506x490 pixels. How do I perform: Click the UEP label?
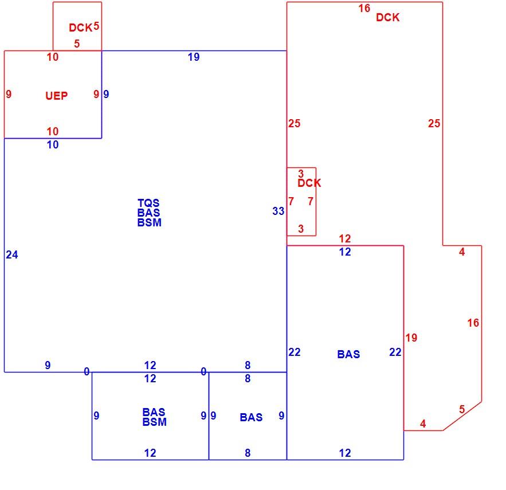57,96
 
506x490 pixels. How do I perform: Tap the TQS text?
148,203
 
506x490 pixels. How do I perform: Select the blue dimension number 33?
278,211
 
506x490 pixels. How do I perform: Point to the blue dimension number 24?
12,254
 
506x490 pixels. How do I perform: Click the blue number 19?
194,57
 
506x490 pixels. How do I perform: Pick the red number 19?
411,338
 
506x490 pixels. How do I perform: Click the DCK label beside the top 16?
388,17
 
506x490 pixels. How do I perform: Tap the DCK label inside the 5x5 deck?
81,28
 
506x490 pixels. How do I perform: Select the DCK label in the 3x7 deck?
309,183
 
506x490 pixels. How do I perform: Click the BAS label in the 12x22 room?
348,354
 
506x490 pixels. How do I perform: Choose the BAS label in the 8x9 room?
251,417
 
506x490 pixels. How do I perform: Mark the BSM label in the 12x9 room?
155,422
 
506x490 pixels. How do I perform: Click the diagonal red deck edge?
462,416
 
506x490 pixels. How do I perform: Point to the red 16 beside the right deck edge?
473,323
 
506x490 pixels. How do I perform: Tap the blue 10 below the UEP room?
53,144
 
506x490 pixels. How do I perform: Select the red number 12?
345,238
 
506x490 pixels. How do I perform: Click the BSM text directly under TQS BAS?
150,222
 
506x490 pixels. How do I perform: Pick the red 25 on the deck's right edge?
434,123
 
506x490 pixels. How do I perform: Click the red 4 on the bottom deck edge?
423,424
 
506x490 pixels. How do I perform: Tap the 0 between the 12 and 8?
203,371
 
